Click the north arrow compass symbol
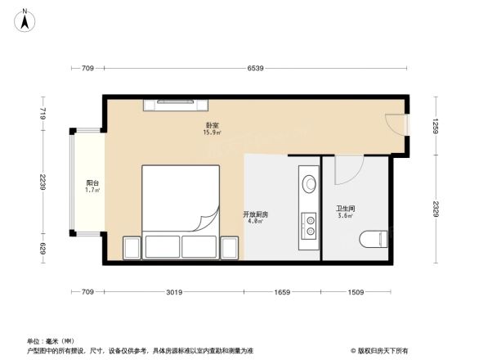(25, 19)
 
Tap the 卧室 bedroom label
(211, 126)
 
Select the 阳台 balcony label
(92, 183)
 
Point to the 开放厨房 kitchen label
(255, 214)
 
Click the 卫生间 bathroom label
(345, 209)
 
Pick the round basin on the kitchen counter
(310, 183)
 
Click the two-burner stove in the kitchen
(310, 223)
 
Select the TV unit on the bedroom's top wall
(177, 103)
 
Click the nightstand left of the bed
(131, 247)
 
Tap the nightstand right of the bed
(230, 247)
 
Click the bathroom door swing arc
(348, 170)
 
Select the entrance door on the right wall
(396, 125)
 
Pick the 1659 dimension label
(282, 292)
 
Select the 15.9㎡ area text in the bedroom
(211, 133)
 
